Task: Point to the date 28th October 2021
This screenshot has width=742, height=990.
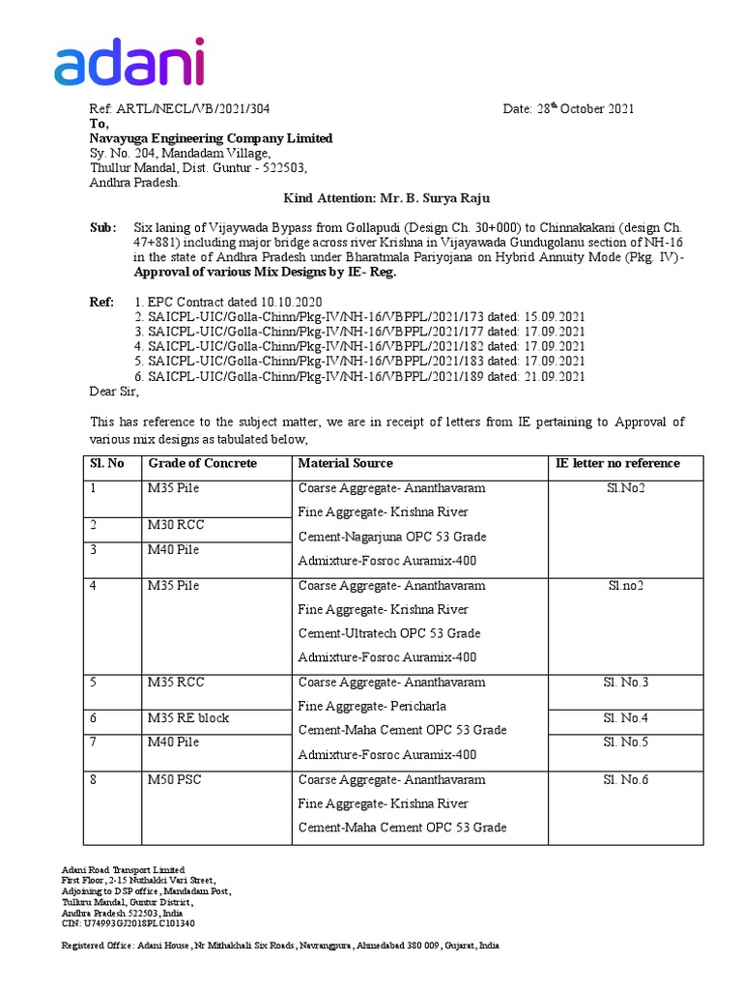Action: pyautogui.click(x=568, y=108)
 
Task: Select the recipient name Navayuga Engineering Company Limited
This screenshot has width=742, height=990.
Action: pyautogui.click(x=211, y=138)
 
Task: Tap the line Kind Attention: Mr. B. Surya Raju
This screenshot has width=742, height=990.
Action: pyautogui.click(x=386, y=198)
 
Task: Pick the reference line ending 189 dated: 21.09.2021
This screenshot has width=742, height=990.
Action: pyautogui.click(x=359, y=376)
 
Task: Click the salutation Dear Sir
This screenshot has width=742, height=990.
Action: pyautogui.click(x=114, y=392)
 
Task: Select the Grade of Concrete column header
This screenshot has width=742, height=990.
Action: pyautogui.click(x=202, y=463)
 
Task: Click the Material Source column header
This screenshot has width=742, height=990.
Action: pyautogui.click(x=346, y=463)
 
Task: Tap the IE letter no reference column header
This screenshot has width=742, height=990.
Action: pyautogui.click(x=617, y=463)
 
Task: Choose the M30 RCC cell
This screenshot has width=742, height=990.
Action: pyautogui.click(x=175, y=525)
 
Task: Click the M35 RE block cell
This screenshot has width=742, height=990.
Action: pyautogui.click(x=187, y=718)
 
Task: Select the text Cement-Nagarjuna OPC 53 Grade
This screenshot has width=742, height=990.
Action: pyautogui.click(x=392, y=537)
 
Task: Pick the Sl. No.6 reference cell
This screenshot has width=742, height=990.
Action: pyautogui.click(x=625, y=779)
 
